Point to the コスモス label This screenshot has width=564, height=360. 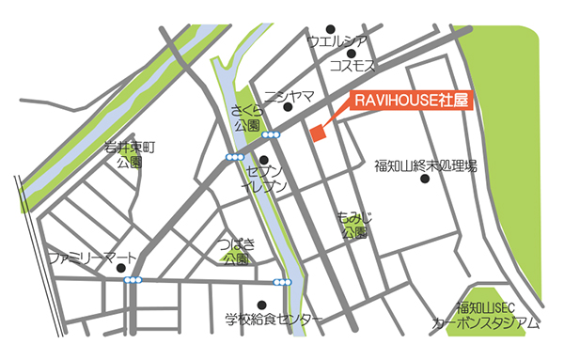click(353, 66)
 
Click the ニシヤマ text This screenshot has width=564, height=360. click(288, 95)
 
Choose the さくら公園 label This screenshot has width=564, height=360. click(248, 118)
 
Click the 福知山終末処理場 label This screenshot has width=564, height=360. click(425, 166)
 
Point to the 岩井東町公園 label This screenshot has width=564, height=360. click(129, 154)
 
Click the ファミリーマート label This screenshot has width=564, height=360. click(92, 257)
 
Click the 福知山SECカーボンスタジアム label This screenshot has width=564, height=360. click(485, 316)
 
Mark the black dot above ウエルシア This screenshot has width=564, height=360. click(329, 27)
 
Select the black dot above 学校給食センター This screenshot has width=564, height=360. click(260, 304)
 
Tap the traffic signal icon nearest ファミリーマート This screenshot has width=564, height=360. click(135, 280)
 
